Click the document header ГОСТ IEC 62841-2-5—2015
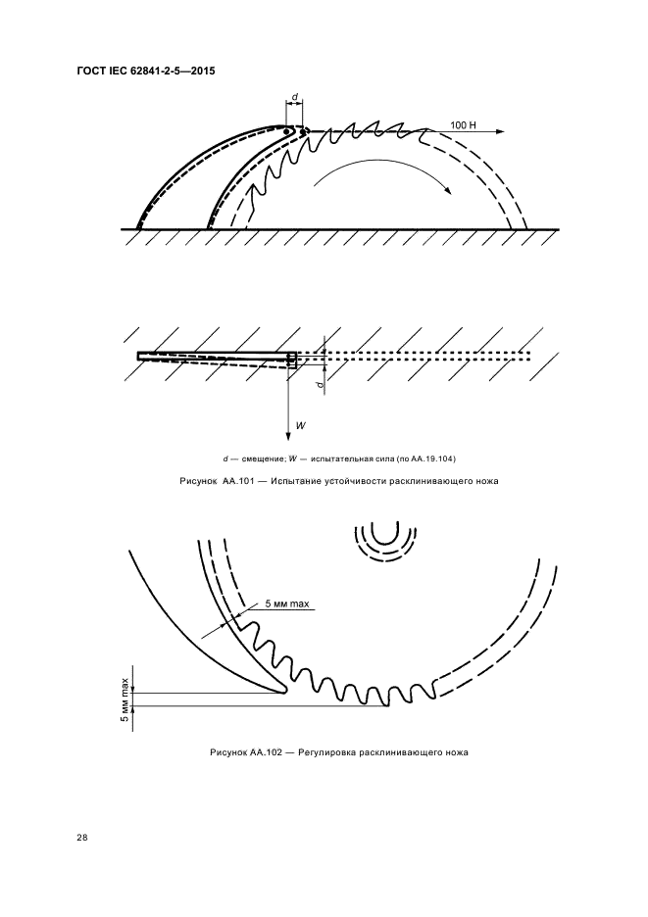click(146, 72)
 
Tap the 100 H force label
click(463, 125)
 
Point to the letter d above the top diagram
click(294, 95)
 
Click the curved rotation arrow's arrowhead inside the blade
click(447, 189)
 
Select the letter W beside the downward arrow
click(300, 426)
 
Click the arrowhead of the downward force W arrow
click(288, 436)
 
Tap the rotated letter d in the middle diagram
click(319, 385)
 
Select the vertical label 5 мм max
click(125, 700)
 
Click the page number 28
click(82, 838)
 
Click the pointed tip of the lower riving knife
click(284, 692)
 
